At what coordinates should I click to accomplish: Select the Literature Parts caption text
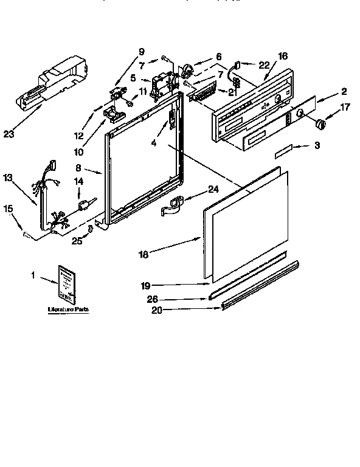(x=68, y=310)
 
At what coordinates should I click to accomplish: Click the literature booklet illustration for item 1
(x=67, y=283)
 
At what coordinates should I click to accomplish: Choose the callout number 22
(x=263, y=65)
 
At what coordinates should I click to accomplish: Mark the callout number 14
(x=78, y=182)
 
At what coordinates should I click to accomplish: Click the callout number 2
(x=344, y=91)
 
